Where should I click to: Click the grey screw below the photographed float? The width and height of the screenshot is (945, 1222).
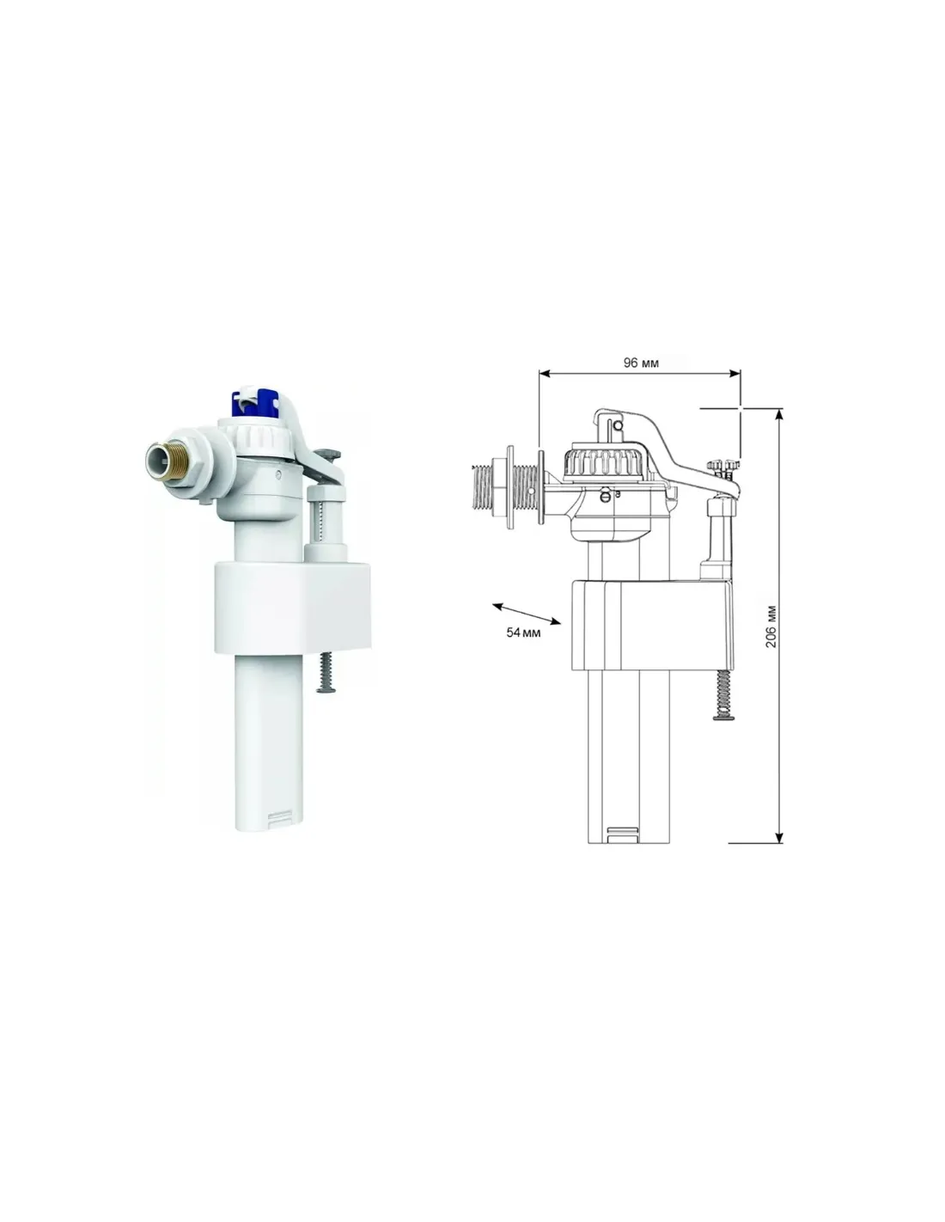tap(326, 672)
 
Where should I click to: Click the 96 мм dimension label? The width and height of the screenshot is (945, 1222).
tap(640, 363)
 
